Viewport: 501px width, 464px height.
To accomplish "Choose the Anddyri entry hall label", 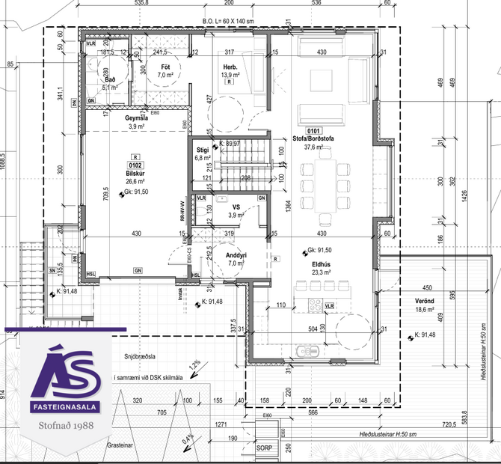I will click(236, 255).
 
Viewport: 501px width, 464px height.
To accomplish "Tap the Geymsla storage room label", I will click(136, 119).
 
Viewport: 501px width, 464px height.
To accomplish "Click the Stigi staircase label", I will click(203, 150).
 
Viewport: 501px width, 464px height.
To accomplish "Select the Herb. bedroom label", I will click(230, 66).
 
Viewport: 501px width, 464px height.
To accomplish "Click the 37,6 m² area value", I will click(313, 147).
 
